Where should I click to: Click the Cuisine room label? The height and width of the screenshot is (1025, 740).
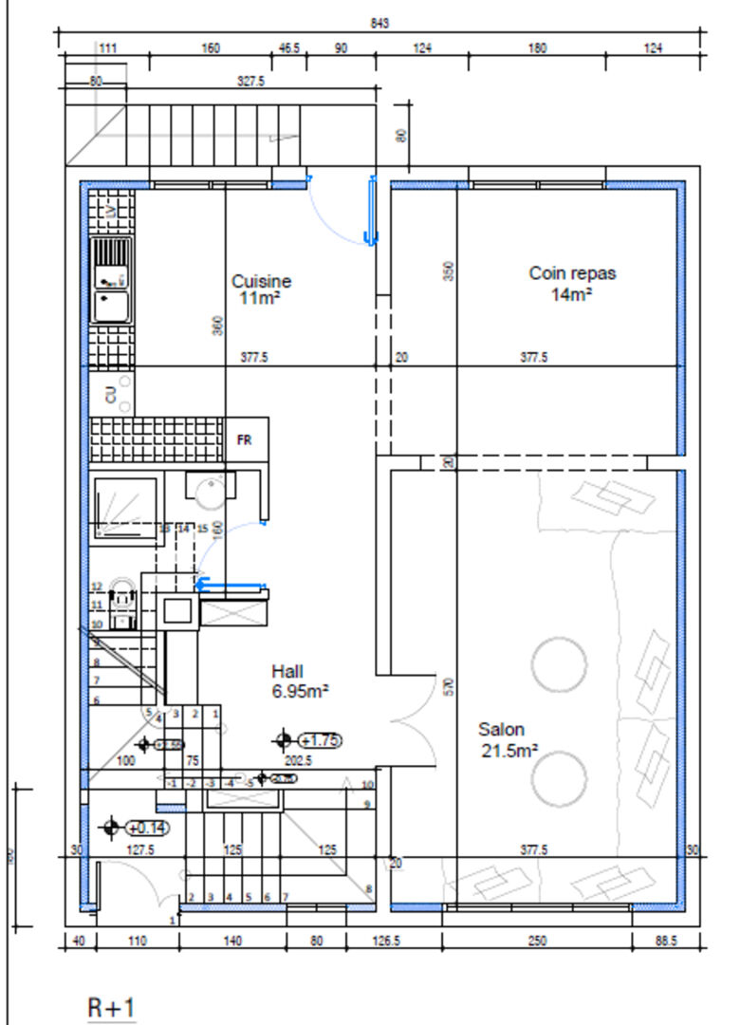click(261, 289)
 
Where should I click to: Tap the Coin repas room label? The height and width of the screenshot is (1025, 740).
click(572, 282)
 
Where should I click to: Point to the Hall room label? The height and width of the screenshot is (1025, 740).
click(299, 680)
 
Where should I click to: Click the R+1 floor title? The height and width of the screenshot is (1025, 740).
click(112, 1007)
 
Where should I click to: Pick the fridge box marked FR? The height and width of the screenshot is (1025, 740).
click(246, 440)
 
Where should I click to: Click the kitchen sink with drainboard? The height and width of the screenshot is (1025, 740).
click(111, 281)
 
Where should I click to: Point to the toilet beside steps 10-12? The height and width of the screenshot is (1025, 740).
click(122, 605)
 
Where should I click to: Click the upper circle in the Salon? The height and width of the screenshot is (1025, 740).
click(558, 661)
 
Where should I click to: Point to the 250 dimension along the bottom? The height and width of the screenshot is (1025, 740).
click(537, 941)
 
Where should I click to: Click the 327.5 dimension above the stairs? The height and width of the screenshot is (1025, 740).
click(250, 83)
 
